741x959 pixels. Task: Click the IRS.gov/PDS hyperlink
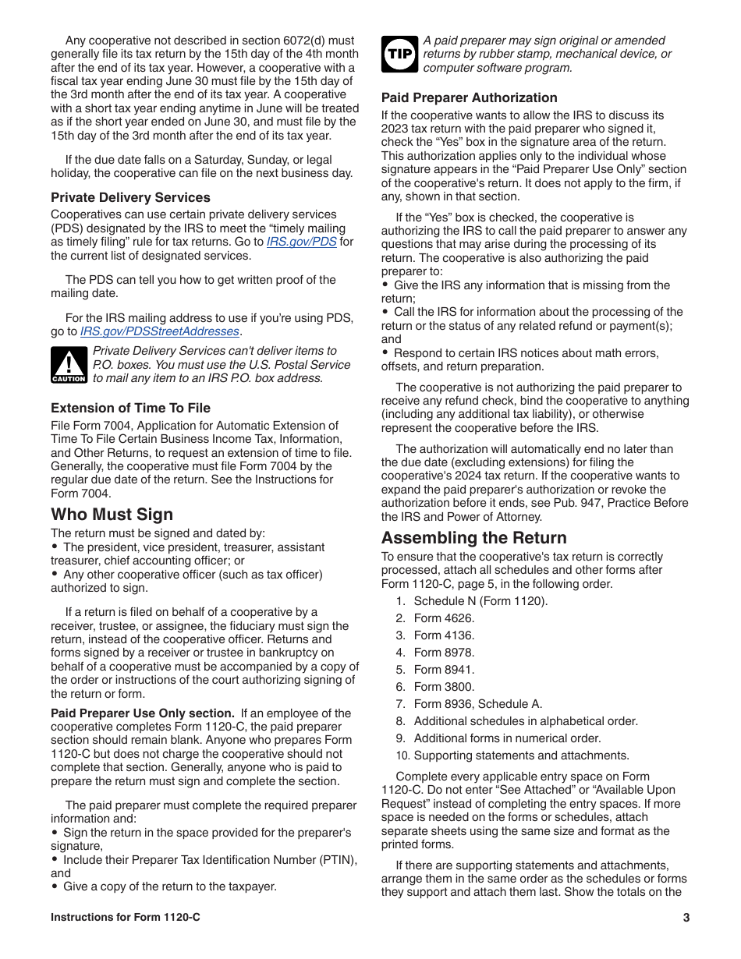[x=301, y=242]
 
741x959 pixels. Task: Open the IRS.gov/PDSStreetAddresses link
[x=159, y=331]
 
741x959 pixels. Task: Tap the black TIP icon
[x=399, y=54]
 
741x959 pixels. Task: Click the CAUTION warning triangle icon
[x=69, y=365]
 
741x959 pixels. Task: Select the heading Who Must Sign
[x=112, y=515]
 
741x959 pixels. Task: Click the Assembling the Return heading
[x=473, y=538]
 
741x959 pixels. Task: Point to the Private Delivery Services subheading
[x=130, y=197]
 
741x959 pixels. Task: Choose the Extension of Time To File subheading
[x=130, y=408]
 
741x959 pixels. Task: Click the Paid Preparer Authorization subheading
[x=469, y=97]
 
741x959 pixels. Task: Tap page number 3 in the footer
[x=686, y=918]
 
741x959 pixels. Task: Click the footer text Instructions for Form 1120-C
[x=125, y=918]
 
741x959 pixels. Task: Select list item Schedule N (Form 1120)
[x=480, y=601]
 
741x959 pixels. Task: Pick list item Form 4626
[x=444, y=618]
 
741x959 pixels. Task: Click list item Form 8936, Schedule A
[x=477, y=704]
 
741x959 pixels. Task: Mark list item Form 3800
[x=444, y=687]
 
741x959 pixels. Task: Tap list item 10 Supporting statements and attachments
[x=520, y=756]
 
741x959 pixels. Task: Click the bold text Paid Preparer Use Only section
[x=142, y=713]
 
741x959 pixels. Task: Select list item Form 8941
[x=444, y=670]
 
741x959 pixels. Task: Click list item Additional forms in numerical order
[x=507, y=738]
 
